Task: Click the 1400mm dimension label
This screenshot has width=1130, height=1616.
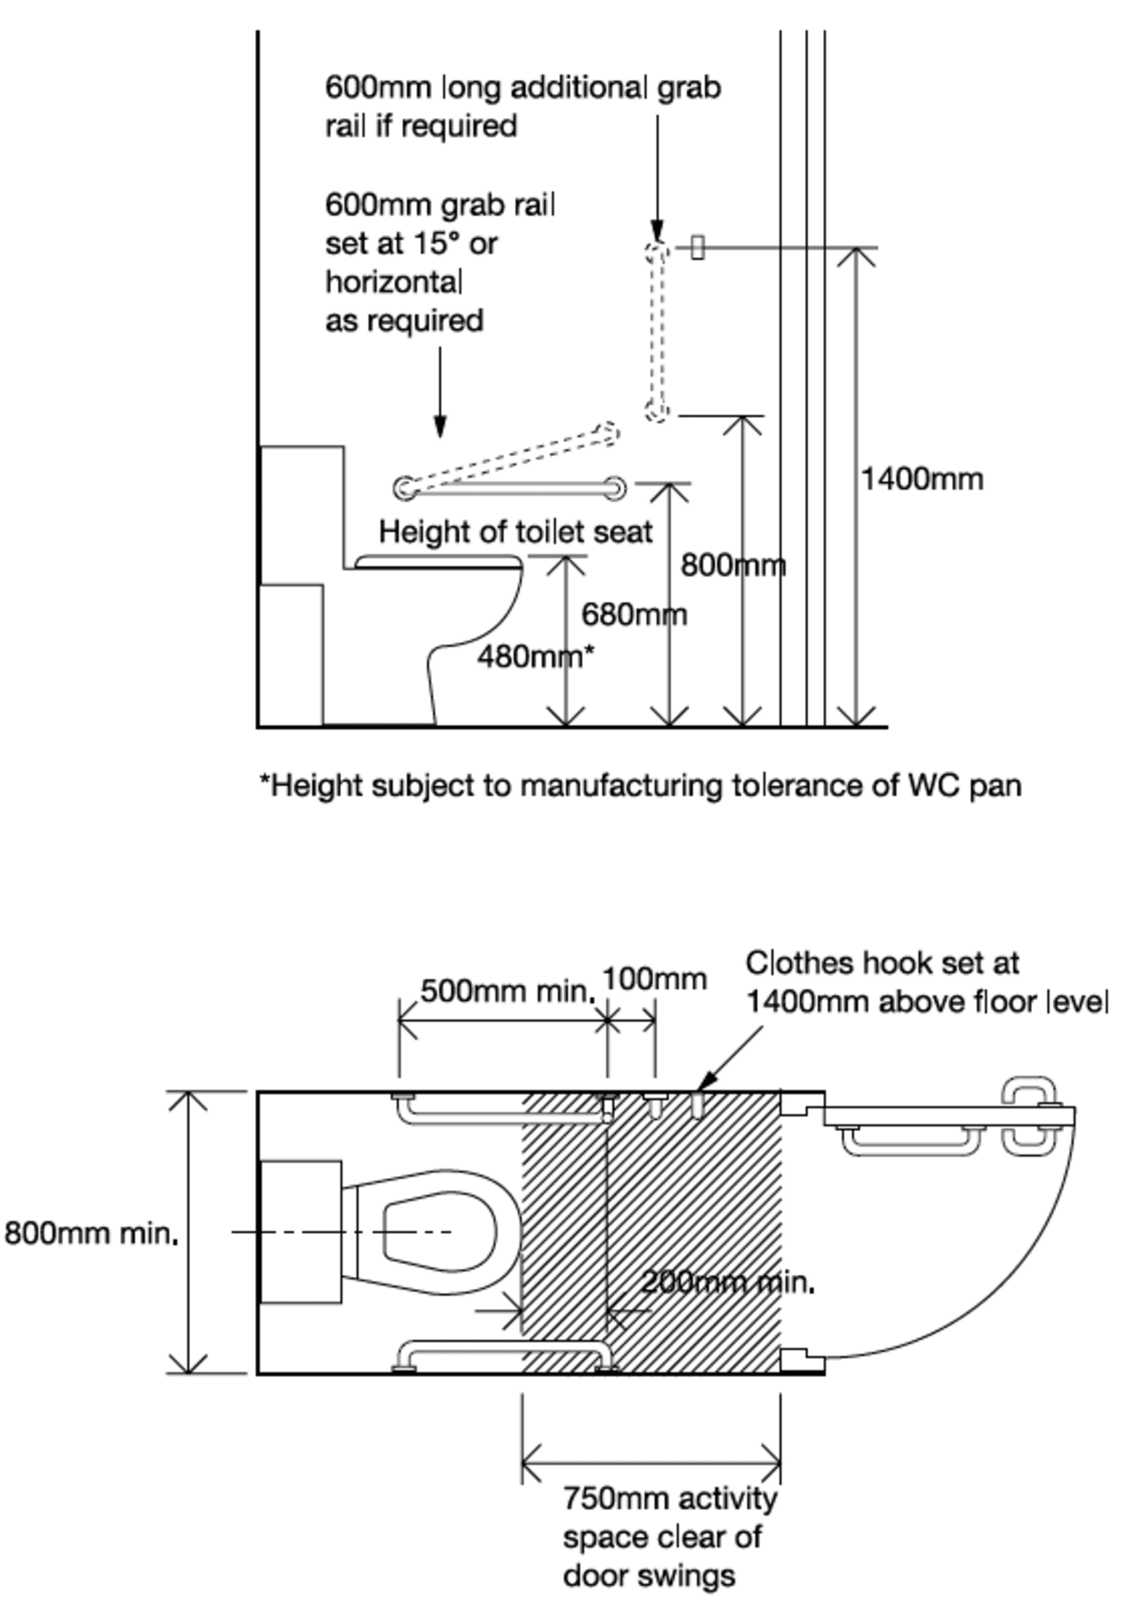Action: pos(921,479)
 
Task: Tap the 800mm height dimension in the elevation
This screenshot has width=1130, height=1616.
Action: pos(733,565)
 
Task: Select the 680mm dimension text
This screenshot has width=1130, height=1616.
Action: pos(634,615)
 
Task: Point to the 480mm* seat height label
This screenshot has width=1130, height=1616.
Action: pos(535,656)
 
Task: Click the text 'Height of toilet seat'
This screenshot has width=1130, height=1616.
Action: pos(515,532)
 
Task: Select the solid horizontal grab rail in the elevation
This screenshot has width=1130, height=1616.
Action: pos(509,488)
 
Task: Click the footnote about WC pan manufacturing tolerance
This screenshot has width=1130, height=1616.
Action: pos(640,785)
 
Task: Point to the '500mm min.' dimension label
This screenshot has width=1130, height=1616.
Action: pos(507,992)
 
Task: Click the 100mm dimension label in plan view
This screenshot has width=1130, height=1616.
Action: pos(654,979)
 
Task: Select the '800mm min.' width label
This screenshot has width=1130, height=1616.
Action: pos(91,1233)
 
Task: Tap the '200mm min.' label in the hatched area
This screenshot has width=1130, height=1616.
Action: pos(727,1282)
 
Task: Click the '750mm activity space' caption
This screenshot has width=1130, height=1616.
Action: pos(670,1536)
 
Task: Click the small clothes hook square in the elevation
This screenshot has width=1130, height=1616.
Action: pos(697,248)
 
